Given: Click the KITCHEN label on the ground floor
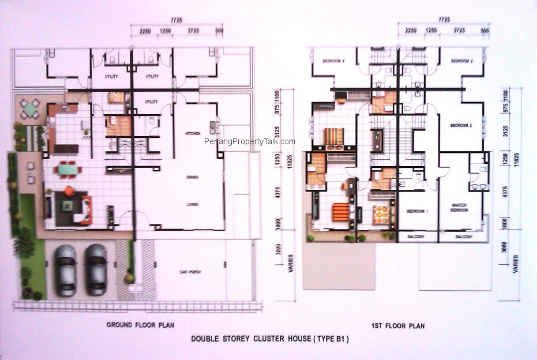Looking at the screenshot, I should (x=193, y=133).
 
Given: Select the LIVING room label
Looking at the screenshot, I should (x=192, y=204).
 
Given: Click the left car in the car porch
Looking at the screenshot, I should (x=65, y=269).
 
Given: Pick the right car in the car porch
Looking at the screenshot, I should (x=96, y=269).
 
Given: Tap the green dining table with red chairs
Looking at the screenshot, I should (x=66, y=170).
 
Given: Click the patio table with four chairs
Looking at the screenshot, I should (x=29, y=108).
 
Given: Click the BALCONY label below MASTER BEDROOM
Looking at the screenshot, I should (x=464, y=237).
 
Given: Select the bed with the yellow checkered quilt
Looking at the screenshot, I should (x=380, y=215).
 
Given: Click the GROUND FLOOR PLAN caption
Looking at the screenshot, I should (x=141, y=325).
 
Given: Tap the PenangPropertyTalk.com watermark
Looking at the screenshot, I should (x=250, y=142).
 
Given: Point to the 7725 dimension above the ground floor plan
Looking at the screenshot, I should (x=177, y=20).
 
